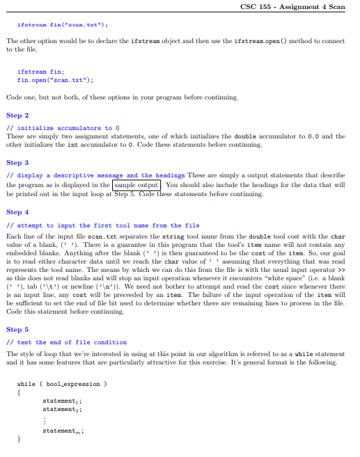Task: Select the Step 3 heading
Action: click(17, 162)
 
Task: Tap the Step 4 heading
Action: click(17, 211)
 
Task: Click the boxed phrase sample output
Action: click(136, 186)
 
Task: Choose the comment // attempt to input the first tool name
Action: click(102, 225)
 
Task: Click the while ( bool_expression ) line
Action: click(62, 383)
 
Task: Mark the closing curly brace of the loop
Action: click(19, 440)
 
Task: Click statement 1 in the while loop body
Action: click(62, 401)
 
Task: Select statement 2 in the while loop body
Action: click(62, 409)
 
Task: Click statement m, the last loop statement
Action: click(63, 431)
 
